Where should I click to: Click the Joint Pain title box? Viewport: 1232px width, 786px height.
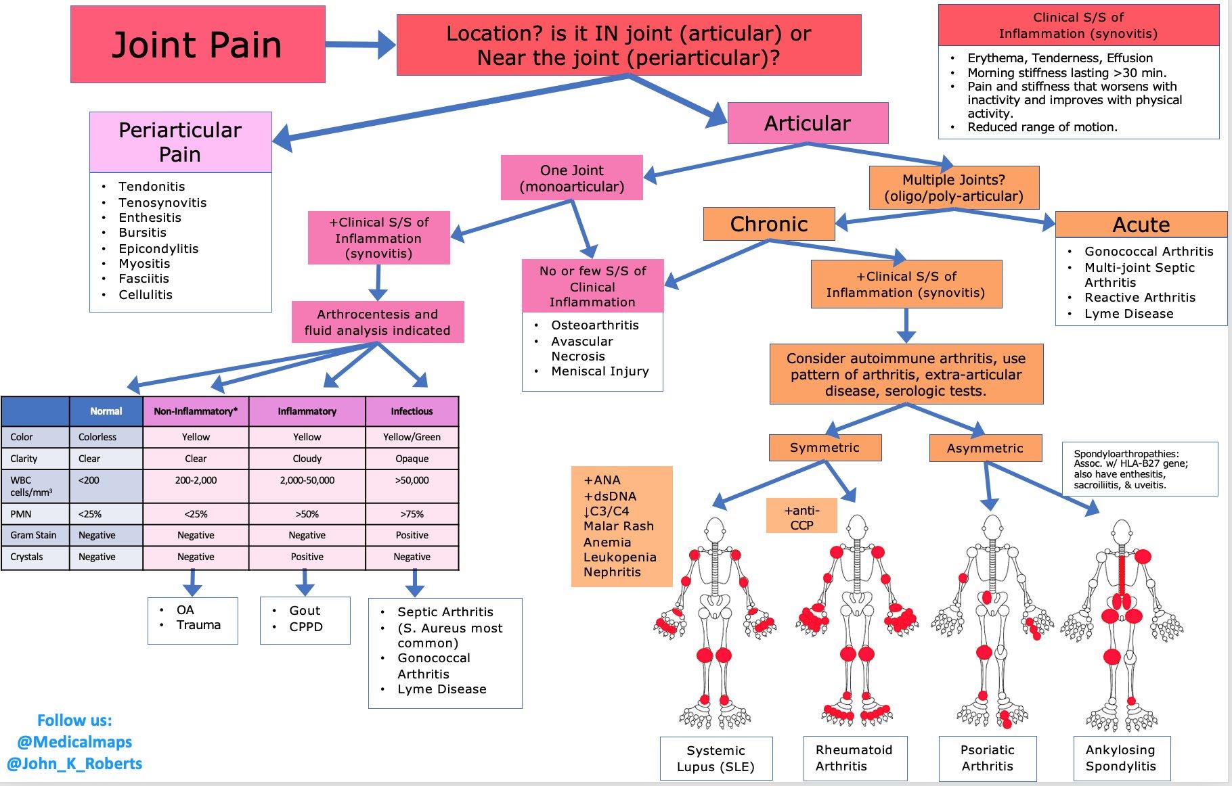(198, 45)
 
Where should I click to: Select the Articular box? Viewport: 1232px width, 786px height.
(807, 123)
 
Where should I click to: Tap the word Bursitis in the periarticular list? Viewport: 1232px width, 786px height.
(142, 233)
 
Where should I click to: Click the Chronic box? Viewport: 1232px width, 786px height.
(769, 224)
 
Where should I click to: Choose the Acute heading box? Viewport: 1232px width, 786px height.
(1141, 225)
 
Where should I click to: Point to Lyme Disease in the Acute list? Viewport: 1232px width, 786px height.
(1128, 314)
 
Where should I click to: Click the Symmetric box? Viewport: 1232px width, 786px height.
(824, 448)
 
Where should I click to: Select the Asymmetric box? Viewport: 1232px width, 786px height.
(984, 448)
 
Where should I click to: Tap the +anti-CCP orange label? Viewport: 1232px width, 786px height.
(801, 517)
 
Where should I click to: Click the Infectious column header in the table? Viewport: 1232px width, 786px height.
(412, 411)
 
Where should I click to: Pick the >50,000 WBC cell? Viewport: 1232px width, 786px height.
(412, 480)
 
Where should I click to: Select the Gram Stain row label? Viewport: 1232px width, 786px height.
(34, 535)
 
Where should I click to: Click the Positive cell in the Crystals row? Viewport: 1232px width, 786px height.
(307, 557)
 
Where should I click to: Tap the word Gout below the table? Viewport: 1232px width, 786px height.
(305, 611)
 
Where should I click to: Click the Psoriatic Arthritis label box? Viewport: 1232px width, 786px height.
(987, 758)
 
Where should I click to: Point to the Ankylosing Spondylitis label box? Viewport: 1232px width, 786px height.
(1120, 758)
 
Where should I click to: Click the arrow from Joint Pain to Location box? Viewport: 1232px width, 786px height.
(359, 45)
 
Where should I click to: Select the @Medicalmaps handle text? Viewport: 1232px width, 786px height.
(74, 742)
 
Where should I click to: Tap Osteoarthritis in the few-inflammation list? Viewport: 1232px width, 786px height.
(594, 325)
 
